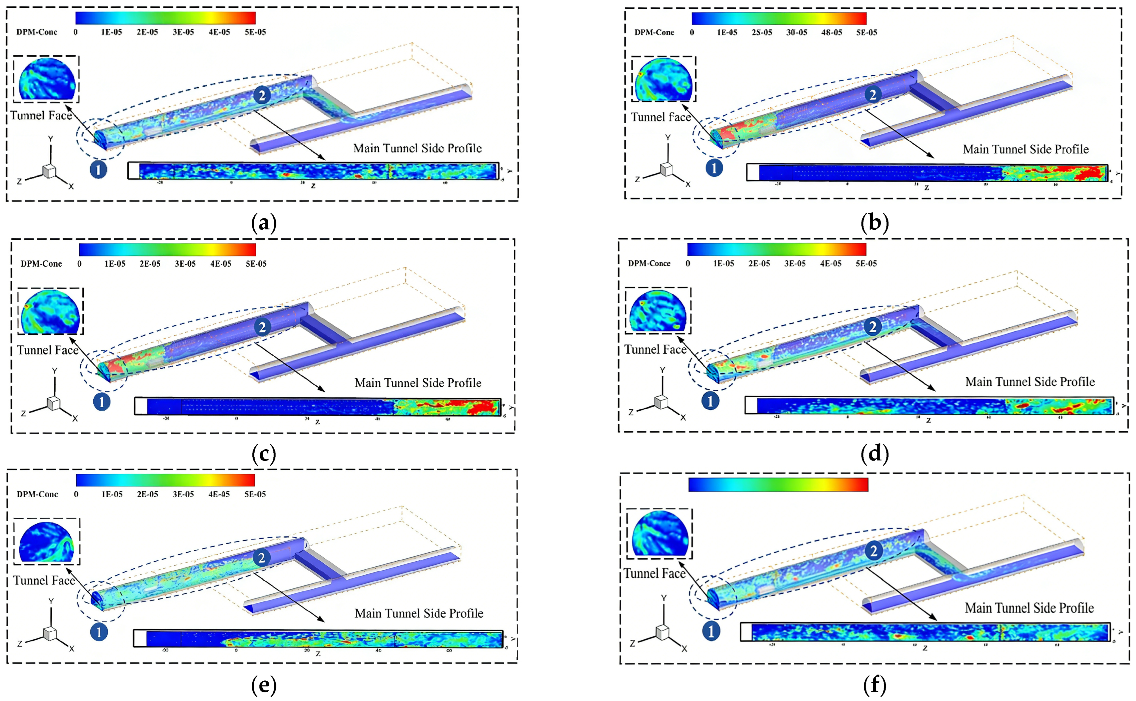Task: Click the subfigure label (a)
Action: coord(263,223)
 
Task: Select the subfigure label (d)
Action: coord(875,453)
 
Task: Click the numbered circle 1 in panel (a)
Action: coord(98,170)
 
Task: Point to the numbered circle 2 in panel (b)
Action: coord(873,95)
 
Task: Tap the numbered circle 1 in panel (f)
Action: coord(711,631)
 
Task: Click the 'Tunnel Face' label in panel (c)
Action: coord(48,350)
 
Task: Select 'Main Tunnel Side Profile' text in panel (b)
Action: coord(1026,149)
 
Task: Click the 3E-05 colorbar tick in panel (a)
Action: coord(183,32)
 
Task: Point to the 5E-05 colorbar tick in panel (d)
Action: coord(866,263)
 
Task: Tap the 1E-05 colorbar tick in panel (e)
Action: coord(112,494)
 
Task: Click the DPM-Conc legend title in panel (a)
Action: coord(37,32)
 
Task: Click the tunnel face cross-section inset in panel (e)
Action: coord(46,541)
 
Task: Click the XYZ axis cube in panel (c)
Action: coord(53,403)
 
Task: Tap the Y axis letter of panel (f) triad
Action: coord(664,598)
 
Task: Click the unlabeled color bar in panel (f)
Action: coord(778,484)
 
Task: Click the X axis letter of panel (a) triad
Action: coord(71,186)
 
